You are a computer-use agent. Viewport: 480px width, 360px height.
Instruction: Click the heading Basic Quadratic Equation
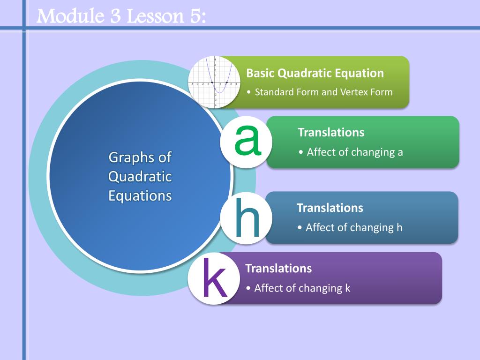pos(315,73)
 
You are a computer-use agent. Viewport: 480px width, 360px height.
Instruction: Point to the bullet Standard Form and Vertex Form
pos(323,92)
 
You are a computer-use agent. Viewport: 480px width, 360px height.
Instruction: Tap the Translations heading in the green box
pos(331,132)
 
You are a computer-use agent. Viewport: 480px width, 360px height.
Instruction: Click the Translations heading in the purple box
pos(278,269)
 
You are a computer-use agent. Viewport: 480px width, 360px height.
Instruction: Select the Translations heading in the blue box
pos(330,208)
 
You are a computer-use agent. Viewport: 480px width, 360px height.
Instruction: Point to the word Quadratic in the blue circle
pos(140,177)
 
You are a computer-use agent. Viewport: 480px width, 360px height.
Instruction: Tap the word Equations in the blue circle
pos(140,195)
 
